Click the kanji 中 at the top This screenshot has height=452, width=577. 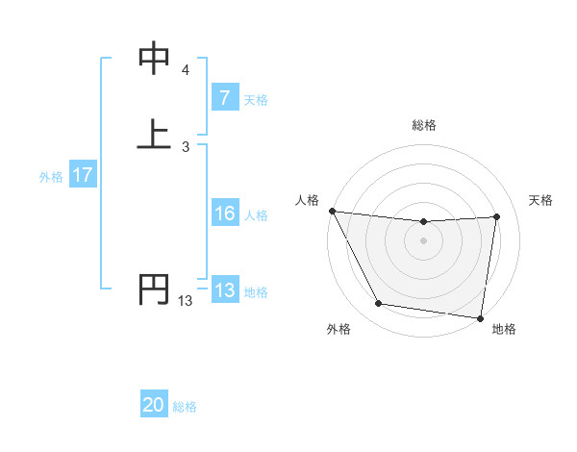click(x=154, y=60)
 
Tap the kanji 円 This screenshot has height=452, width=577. click(x=154, y=289)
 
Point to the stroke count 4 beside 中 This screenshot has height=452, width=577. click(x=185, y=70)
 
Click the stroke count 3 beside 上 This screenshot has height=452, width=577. click(x=185, y=146)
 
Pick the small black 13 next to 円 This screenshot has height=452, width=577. click(x=185, y=301)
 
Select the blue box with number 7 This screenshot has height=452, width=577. click(x=224, y=98)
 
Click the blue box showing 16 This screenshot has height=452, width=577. click(x=224, y=214)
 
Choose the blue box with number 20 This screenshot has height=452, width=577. click(x=154, y=406)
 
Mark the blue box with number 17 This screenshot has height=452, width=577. click(x=83, y=176)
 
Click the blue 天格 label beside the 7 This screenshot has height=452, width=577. click(x=256, y=99)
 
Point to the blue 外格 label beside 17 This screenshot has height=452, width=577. click(x=51, y=177)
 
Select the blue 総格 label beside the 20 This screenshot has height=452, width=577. click(x=185, y=407)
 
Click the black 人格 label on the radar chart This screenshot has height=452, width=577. click(x=307, y=200)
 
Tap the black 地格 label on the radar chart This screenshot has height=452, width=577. click(x=504, y=329)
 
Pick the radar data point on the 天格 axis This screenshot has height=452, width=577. click(x=496, y=217)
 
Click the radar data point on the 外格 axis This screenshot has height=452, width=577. click(x=379, y=305)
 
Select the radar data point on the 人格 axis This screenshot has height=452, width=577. click(x=332, y=211)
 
